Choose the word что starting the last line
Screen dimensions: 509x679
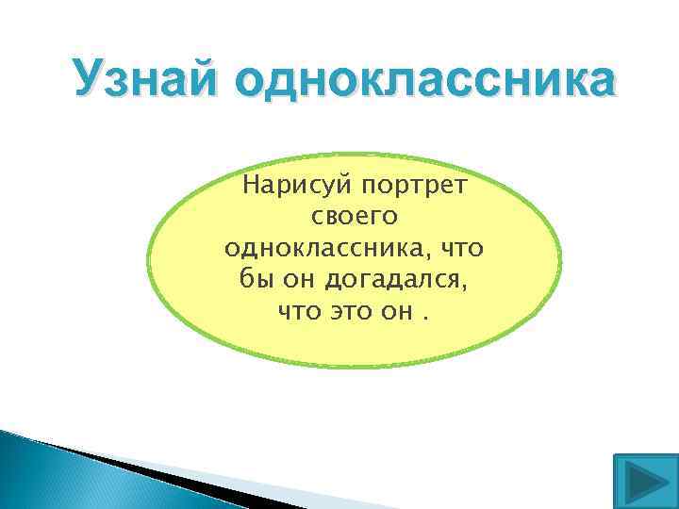pyautogui.click(x=299, y=310)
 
